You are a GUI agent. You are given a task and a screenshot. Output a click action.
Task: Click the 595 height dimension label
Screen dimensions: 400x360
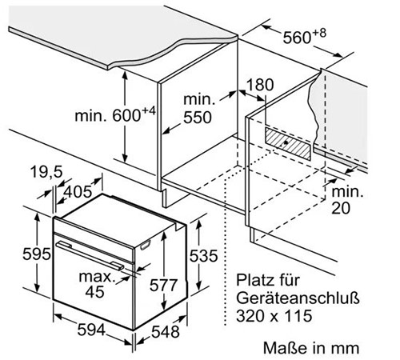click(x=37, y=254)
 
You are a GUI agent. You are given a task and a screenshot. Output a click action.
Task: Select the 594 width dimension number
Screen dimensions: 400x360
click(x=91, y=330)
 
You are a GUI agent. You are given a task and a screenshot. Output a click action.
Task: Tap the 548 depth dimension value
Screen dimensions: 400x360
click(x=166, y=332)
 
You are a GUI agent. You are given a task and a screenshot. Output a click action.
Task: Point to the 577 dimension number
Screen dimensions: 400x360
click(x=163, y=285)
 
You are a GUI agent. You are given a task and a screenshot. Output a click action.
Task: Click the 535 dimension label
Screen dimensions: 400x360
click(x=203, y=255)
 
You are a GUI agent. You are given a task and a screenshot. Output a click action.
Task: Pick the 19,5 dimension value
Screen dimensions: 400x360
click(x=46, y=171)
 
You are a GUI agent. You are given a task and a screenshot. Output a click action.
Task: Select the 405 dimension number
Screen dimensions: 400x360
click(x=78, y=191)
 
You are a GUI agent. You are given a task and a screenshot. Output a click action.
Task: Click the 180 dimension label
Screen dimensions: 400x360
click(x=260, y=85)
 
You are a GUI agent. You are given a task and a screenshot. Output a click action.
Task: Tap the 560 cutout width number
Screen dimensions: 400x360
click(x=297, y=38)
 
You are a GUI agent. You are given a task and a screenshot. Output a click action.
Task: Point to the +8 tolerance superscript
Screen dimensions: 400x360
click(x=319, y=33)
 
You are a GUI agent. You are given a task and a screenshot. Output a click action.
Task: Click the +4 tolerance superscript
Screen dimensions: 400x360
click(x=149, y=111)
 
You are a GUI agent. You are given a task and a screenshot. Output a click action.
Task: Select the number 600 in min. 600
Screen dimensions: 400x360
click(x=126, y=115)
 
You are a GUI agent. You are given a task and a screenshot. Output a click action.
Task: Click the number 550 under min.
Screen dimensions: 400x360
click(x=198, y=117)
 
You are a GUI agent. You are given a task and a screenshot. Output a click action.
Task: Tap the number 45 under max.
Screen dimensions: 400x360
click(x=94, y=291)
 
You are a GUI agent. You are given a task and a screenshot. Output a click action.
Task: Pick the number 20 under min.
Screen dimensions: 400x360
click(x=341, y=208)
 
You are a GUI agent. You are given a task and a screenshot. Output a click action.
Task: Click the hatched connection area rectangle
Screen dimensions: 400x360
click(x=288, y=143)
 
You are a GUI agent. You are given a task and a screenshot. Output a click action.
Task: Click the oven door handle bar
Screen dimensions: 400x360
click(x=90, y=255)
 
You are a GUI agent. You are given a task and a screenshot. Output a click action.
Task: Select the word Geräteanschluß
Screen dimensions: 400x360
click(x=298, y=298)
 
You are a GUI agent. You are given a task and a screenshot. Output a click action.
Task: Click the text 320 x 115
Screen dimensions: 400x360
click(x=274, y=316)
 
